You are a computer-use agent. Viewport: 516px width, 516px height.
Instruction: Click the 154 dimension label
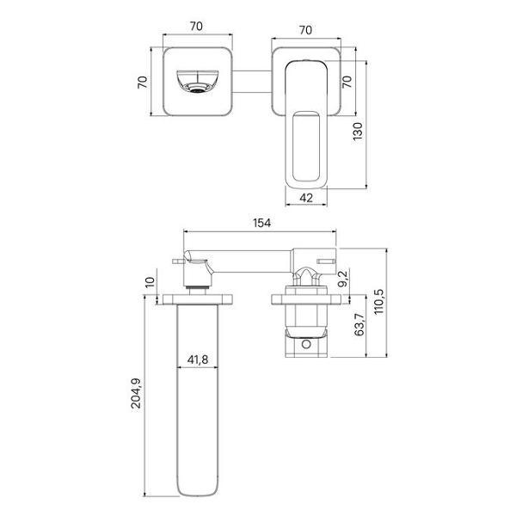(x=262, y=223)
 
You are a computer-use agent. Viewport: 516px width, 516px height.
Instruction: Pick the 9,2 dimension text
(x=342, y=278)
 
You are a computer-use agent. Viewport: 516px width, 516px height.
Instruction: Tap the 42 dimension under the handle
(x=305, y=198)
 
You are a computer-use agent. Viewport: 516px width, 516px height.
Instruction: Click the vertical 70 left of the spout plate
(x=145, y=82)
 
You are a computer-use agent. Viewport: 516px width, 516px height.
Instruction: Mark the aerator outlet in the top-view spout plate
(x=197, y=85)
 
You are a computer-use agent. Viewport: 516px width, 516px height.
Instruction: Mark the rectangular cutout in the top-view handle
(x=306, y=146)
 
